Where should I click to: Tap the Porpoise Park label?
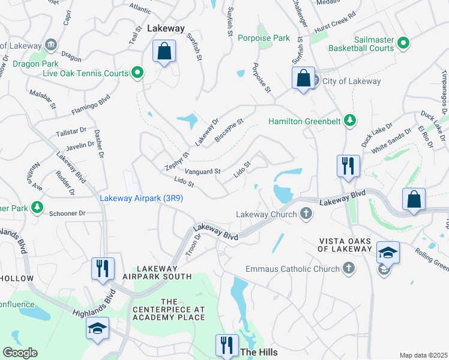[x=264, y=38]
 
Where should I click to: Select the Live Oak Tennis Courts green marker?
[x=137, y=73]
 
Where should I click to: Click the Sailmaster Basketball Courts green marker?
[x=403, y=43]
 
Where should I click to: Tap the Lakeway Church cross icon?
[x=306, y=214]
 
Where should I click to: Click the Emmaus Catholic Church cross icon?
[x=349, y=269]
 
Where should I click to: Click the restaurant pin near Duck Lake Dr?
[x=348, y=166]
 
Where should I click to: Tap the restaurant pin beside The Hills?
[x=226, y=346]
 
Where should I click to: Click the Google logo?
[x=20, y=353]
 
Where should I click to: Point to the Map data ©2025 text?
[x=423, y=355]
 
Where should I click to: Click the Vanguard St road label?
[x=202, y=172]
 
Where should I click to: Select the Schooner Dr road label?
[x=67, y=213]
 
